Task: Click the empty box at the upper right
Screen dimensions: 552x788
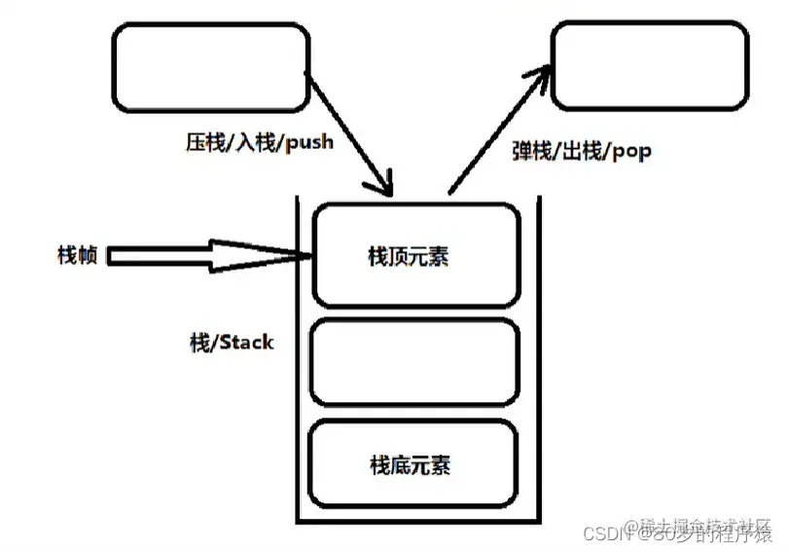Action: click(x=650, y=66)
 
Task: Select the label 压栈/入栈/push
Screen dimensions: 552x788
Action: click(x=258, y=142)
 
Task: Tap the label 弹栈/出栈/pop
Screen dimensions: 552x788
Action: click(x=581, y=151)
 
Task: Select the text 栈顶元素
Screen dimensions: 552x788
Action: click(x=409, y=257)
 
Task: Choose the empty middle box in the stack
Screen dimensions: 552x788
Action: click(x=414, y=362)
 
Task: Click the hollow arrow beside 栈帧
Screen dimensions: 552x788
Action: click(x=204, y=256)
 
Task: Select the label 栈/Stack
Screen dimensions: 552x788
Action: click(x=232, y=343)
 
